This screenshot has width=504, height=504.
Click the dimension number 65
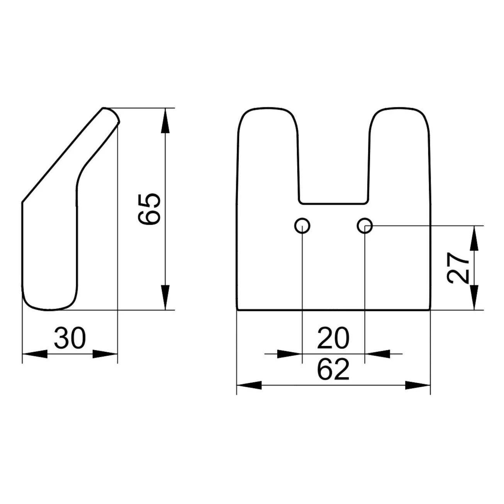(149, 209)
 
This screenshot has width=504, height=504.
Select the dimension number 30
(70, 338)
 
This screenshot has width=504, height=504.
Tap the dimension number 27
(458, 268)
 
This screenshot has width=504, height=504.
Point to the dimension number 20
(333, 338)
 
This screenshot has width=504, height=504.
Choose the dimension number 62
(333, 369)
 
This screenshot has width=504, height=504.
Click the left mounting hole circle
(302, 225)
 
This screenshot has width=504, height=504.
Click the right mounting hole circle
(365, 225)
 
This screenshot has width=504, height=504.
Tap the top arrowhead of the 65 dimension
(165, 120)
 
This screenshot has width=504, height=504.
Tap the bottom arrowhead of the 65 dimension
(165, 297)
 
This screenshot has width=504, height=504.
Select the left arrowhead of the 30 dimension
(35, 354)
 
